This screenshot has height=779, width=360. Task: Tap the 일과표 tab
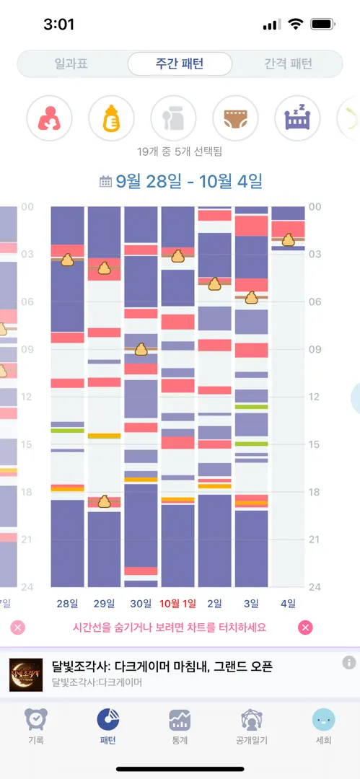pos(71,64)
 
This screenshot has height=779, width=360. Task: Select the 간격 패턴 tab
pos(289,64)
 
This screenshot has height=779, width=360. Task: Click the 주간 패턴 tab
pos(180,64)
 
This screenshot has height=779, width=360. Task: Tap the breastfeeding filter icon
pos(49,119)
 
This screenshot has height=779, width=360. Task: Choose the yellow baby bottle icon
pos(111,119)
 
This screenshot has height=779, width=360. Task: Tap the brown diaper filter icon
pos(236,119)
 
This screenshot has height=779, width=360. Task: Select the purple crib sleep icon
pos(297,119)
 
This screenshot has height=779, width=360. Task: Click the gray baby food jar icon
pos(174,119)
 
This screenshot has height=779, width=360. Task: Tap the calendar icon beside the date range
pos(105,182)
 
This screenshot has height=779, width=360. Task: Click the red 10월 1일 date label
pos(178,604)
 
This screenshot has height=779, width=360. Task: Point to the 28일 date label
pos(68,604)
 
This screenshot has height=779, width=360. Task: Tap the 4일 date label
pos(288,604)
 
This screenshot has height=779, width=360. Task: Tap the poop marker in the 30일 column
pos(141,349)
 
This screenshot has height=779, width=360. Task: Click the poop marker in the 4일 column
pos(289,239)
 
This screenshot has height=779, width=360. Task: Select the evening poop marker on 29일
pos(104,501)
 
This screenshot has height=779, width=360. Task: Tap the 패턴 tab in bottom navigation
pos(108,726)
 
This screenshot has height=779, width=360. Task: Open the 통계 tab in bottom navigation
pos(180,726)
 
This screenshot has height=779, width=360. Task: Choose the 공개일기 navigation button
pos(252,726)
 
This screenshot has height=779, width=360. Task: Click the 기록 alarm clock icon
pos(36,719)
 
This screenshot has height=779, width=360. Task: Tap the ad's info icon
pos(349,662)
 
